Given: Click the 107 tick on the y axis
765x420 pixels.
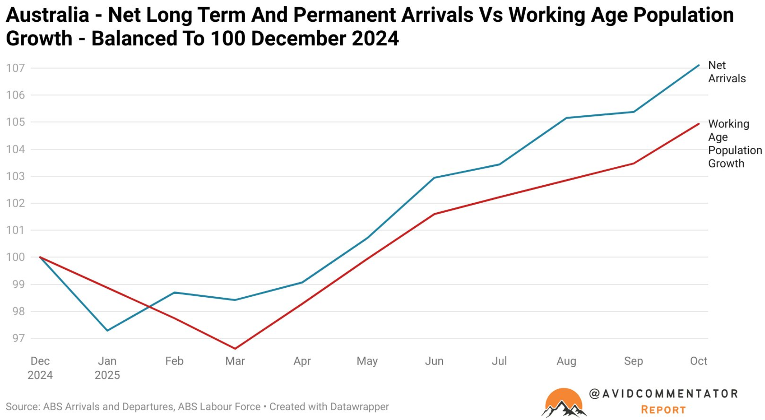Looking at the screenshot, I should (x=16, y=68).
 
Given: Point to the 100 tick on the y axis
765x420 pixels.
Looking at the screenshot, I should (x=16, y=257).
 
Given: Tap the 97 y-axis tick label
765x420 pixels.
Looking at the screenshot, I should (x=19, y=338).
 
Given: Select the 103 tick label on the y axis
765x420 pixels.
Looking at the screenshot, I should (x=16, y=176).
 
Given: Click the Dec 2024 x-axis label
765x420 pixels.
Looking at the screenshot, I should (x=40, y=368).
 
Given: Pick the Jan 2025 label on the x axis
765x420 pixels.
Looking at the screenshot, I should (x=107, y=368).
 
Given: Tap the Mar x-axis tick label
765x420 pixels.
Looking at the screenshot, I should (x=235, y=361).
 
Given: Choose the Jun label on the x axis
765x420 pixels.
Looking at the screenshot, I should (x=434, y=361).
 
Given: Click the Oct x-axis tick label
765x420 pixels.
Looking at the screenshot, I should (x=698, y=361).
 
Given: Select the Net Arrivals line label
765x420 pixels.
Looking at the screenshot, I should (x=727, y=72).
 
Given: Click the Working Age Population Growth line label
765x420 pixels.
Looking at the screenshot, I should (x=735, y=143).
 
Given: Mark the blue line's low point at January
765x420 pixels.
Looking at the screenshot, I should (x=108, y=331).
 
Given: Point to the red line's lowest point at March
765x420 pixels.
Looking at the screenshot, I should (x=235, y=349).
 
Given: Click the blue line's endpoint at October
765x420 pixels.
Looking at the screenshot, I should (x=699, y=65).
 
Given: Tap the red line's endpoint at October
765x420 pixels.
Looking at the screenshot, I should (x=699, y=124).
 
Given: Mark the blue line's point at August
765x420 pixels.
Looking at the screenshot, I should (x=566, y=118).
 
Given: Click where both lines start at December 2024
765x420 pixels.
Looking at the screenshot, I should (x=40, y=257).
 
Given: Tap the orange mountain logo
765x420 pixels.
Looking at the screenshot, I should (x=564, y=403).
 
